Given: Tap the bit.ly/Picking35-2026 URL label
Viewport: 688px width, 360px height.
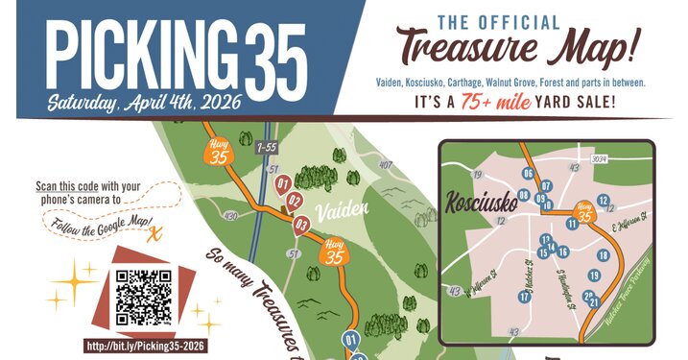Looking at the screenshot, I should (x=147, y=346).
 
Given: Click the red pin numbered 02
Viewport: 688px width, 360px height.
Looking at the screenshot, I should (x=295, y=201).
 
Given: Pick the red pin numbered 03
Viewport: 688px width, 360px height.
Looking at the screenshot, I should (x=301, y=226).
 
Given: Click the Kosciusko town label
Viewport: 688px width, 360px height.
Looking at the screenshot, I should (x=481, y=203).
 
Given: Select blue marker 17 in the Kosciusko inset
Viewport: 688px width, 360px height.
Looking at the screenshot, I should (x=525, y=297).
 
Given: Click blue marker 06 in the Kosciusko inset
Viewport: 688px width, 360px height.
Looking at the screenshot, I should (x=528, y=173).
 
